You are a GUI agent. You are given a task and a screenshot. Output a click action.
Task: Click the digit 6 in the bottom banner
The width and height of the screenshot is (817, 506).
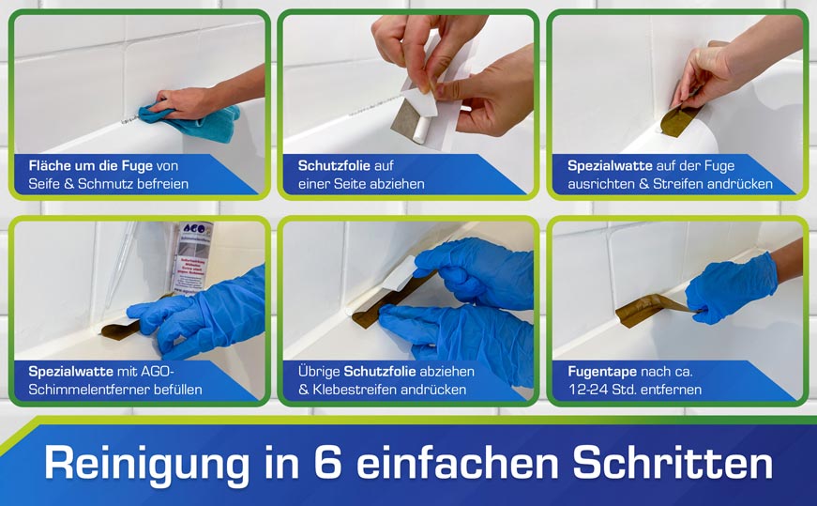click(327, 462)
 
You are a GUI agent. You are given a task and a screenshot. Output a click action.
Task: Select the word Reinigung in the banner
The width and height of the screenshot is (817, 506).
click(146, 464)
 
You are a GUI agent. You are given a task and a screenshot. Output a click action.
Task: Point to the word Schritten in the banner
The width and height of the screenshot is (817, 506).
click(673, 462)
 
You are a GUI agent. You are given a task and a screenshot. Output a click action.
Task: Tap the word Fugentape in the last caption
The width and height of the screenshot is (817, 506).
click(602, 372)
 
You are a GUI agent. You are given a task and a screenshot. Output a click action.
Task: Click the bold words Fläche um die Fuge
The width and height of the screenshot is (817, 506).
click(91, 166)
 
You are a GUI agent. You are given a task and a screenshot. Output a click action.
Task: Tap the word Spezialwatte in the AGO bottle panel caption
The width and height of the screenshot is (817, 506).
click(70, 372)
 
